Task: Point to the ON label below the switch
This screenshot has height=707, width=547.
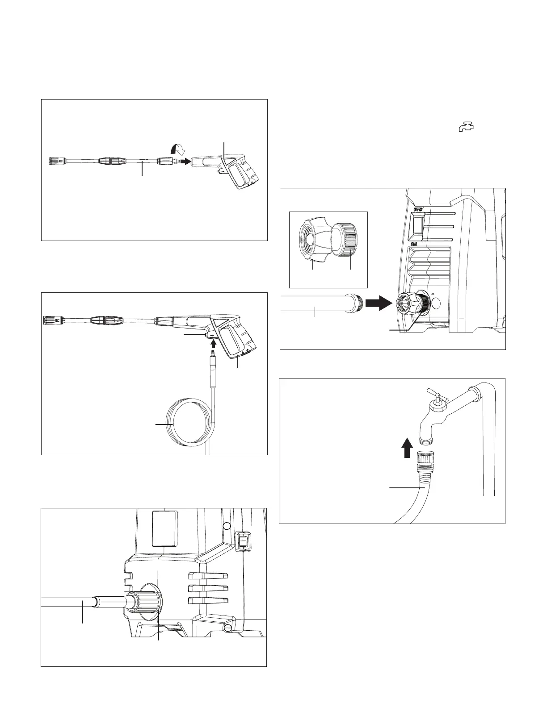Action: (416, 245)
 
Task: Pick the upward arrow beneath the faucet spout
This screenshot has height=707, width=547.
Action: (406, 448)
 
